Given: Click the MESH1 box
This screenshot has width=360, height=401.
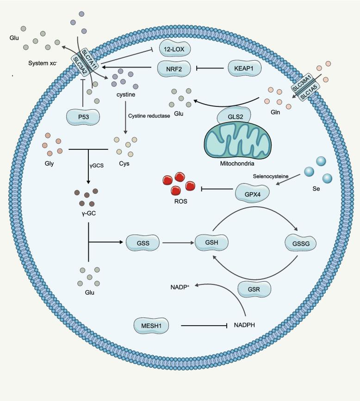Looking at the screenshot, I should pyautogui.click(x=150, y=325).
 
